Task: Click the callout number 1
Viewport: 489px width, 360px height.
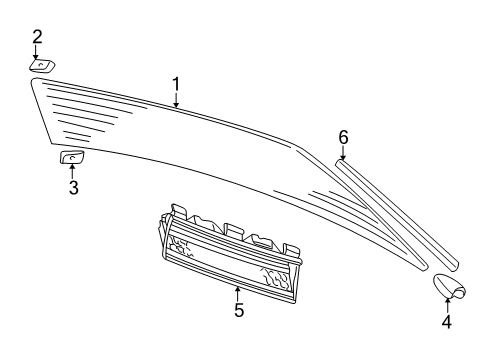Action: [x=176, y=84]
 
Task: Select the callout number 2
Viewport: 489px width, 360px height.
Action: [x=37, y=37]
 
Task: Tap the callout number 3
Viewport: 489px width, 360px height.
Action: [x=73, y=187]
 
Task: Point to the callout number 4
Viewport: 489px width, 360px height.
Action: [x=447, y=322]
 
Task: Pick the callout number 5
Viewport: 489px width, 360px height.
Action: [x=239, y=310]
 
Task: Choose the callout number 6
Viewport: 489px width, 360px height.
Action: [x=343, y=137]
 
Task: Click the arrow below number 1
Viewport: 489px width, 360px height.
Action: [x=176, y=100]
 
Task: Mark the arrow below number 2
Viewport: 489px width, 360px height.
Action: [x=36, y=53]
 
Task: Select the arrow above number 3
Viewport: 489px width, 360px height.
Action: [x=72, y=170]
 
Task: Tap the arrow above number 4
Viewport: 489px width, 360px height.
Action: [x=448, y=305]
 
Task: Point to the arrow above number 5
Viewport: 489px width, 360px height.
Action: [x=237, y=293]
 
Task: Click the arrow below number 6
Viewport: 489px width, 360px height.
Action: [x=343, y=153]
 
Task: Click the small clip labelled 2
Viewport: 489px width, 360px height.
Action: [x=42, y=66]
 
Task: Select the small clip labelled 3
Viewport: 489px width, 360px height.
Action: [x=71, y=157]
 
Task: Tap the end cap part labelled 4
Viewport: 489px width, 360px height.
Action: [x=449, y=286]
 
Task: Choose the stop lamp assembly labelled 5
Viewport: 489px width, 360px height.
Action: [x=230, y=253]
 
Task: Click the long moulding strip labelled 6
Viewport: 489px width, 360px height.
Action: [x=397, y=213]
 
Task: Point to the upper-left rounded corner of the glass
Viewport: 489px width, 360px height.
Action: [x=33, y=80]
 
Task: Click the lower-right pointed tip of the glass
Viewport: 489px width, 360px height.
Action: [x=426, y=268]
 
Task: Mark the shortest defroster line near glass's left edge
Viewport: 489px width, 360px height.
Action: [x=77, y=139]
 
